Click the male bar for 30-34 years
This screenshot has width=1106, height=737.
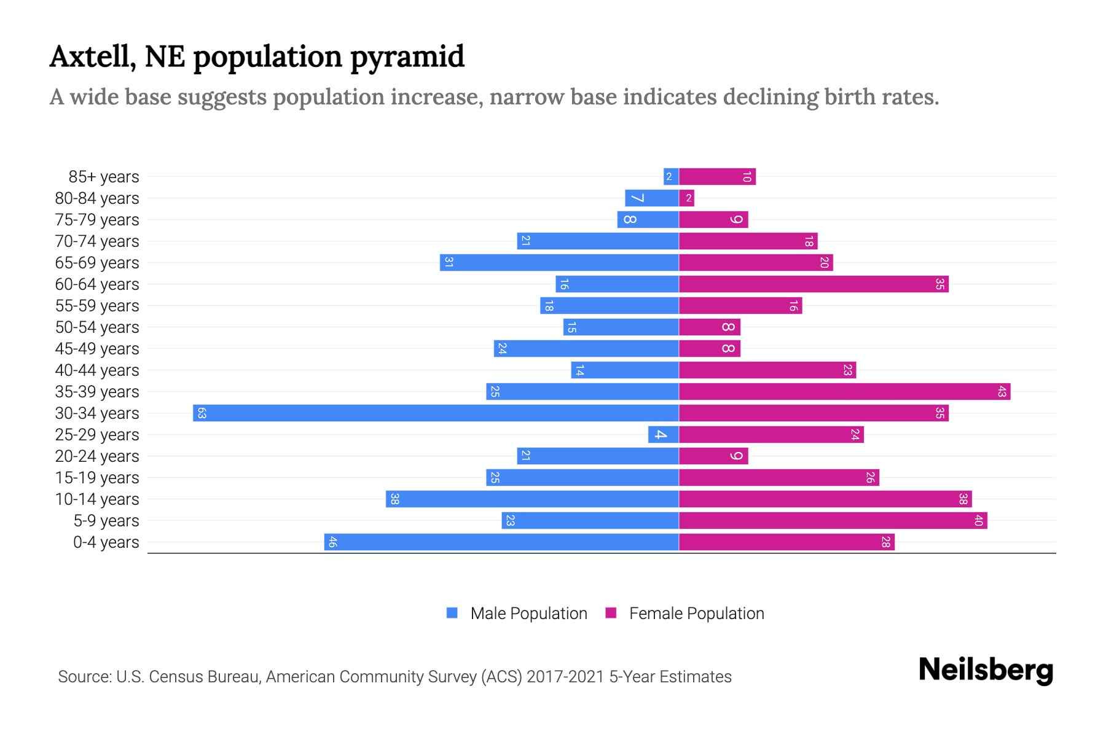point(436,413)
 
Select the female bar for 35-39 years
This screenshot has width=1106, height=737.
point(844,391)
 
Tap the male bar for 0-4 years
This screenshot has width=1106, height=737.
point(501,542)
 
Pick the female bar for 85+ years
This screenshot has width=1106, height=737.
point(717,176)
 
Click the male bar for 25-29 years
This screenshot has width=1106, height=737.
point(663,434)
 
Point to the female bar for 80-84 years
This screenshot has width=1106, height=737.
point(686,198)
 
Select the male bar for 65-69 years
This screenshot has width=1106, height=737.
point(559,262)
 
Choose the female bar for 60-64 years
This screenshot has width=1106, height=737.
point(814,284)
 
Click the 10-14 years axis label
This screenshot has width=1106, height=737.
point(97,499)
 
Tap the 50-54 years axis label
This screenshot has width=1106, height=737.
point(97,327)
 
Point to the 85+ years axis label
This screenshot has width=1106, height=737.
point(104,177)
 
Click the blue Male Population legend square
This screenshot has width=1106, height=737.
point(452,613)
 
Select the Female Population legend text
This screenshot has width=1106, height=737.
point(696,614)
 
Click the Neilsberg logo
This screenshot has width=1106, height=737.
point(986,670)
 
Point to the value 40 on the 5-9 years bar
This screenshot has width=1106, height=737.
point(979,520)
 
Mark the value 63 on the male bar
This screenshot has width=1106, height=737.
point(202,413)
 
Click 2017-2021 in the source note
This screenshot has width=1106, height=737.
point(565,677)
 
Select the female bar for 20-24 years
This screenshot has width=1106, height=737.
point(713,456)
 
